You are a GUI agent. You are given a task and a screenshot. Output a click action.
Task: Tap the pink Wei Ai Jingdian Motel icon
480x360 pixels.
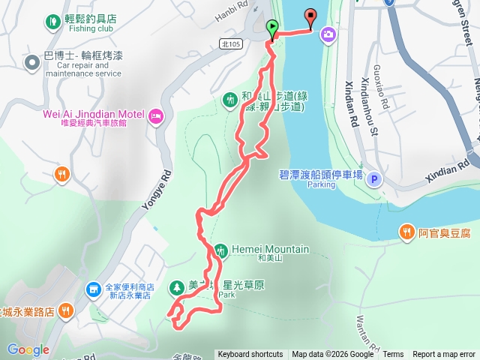156,115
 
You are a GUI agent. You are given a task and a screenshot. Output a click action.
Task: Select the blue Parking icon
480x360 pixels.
374,179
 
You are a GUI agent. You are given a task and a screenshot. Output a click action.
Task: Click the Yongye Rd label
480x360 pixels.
167,192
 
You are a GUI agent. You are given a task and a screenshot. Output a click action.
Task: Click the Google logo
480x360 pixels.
28,349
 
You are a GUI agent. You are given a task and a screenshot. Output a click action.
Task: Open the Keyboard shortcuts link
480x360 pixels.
250,355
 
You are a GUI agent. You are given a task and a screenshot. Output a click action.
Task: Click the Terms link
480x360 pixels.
392,355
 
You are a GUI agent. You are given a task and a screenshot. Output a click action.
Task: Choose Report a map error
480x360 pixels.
444,355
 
